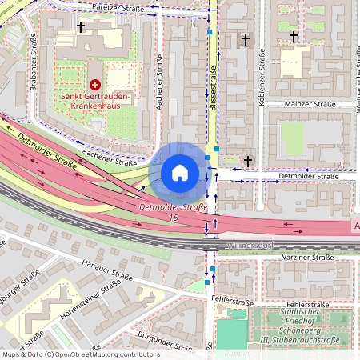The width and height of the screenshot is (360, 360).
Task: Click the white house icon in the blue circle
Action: [x=180, y=172]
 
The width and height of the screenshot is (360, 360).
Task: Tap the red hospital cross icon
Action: [x=95, y=84]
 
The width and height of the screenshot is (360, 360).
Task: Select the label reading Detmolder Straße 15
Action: [x=173, y=212]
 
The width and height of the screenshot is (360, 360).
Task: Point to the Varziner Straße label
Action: [x=308, y=258]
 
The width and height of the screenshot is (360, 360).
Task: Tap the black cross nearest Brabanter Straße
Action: [x=80, y=27]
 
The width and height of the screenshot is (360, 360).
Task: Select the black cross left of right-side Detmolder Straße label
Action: [x=248, y=162]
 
